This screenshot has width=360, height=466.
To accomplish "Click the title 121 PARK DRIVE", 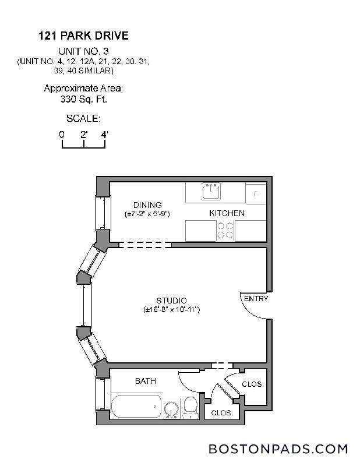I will click(x=83, y=36).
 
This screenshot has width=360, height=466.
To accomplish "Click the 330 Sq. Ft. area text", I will click(x=83, y=99).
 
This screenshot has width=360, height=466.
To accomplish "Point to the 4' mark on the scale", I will click(x=105, y=135).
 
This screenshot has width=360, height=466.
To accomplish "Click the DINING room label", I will click(x=147, y=204).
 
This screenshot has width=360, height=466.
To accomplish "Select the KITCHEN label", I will click(x=227, y=213).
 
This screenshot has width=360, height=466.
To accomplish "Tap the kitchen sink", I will click(x=210, y=191).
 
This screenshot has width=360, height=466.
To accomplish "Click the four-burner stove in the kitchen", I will click(x=225, y=231).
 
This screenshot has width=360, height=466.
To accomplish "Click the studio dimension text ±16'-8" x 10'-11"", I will click(x=171, y=309).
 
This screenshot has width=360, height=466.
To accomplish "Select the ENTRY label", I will click(x=256, y=299).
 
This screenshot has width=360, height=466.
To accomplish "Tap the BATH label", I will click(x=145, y=381).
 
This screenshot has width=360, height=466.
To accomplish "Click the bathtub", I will click(x=136, y=406).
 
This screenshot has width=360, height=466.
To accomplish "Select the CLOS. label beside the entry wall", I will click(x=253, y=384).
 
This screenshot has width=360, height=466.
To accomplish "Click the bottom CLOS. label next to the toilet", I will click(x=222, y=412).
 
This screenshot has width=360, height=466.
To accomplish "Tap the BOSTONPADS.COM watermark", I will click(x=278, y=449).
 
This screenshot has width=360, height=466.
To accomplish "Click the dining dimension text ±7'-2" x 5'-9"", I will click(x=147, y=214).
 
